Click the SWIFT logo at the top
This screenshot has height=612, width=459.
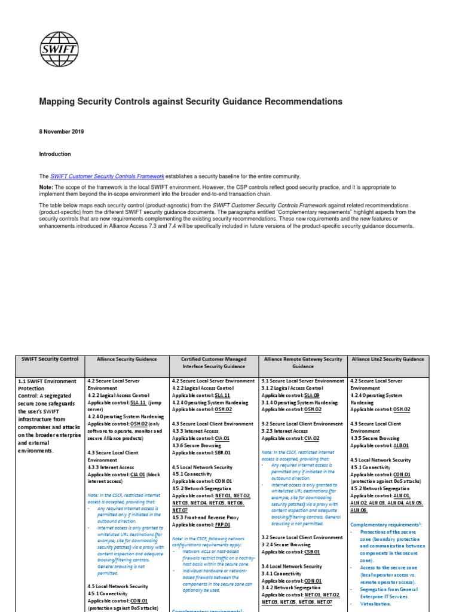click(x=56, y=44)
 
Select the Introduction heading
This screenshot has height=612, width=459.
click(x=55, y=154)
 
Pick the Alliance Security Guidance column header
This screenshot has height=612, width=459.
click(x=127, y=359)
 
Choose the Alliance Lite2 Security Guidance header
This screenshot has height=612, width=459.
click(x=388, y=359)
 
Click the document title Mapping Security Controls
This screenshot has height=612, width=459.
click(x=191, y=102)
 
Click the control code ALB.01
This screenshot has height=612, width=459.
click(x=400, y=445)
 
